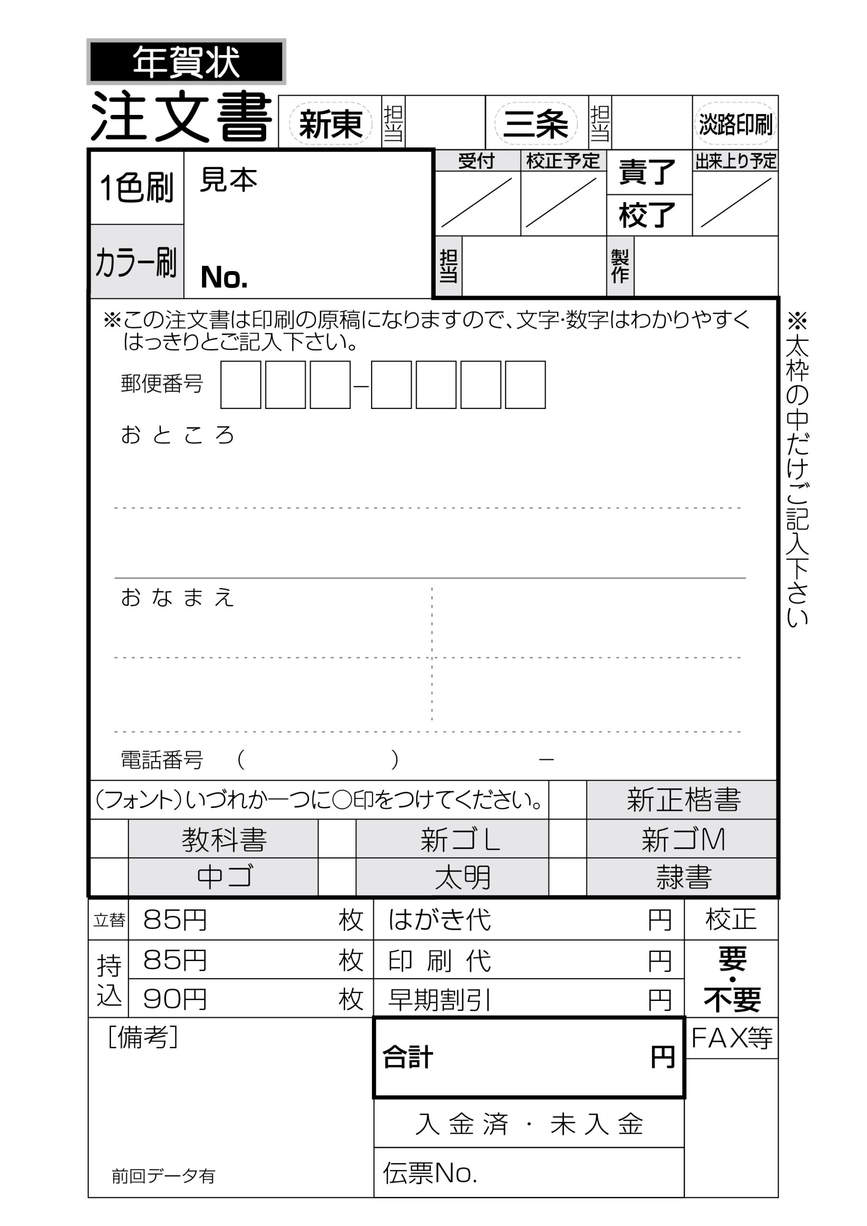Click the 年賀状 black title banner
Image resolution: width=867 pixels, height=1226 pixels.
coord(186,62)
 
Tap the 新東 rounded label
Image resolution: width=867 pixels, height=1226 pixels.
coord(330,124)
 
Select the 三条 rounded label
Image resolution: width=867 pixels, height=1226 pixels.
coord(535,124)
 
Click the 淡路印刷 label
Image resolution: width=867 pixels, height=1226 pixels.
coord(735,124)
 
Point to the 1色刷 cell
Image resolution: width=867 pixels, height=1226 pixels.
coord(136,188)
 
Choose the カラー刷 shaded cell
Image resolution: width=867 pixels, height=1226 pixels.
coord(136,261)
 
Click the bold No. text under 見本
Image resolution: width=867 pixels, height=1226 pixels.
coord(224,277)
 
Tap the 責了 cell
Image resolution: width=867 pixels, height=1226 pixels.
coord(648,172)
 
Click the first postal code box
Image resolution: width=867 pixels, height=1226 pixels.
coord(241,385)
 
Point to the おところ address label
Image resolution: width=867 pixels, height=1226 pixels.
coord(177,435)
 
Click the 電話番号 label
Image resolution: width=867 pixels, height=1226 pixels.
coord(162,760)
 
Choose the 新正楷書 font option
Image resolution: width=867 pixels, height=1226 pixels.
coord(683,800)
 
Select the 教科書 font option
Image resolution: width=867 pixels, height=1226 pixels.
coord(224,840)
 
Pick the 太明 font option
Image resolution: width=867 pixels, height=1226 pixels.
coord(462,877)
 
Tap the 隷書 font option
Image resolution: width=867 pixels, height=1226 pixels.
coord(683,877)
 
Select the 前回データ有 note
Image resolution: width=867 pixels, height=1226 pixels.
coord(163,1176)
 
